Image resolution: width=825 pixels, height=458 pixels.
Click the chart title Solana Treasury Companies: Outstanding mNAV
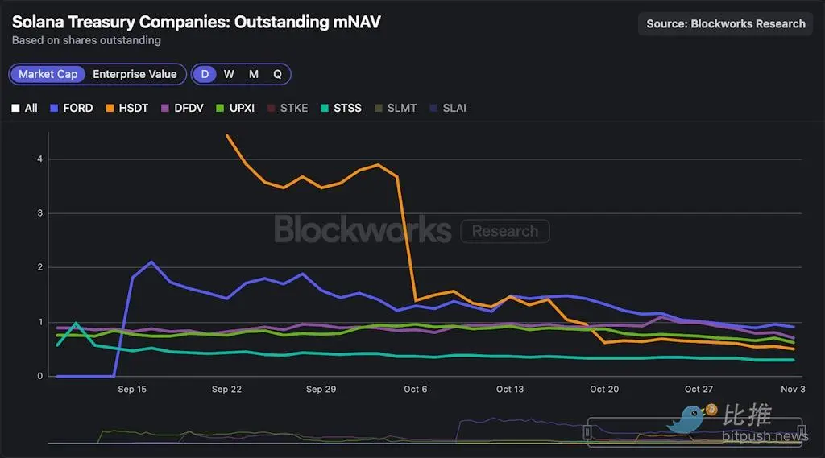(x=196, y=22)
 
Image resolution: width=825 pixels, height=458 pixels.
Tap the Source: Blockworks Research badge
(x=725, y=23)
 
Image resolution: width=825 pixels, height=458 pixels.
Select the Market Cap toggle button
(x=48, y=74)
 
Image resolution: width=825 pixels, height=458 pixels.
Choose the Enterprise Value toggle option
(x=135, y=74)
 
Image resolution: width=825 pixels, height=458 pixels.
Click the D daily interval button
(x=205, y=74)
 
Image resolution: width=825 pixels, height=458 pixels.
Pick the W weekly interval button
(x=229, y=74)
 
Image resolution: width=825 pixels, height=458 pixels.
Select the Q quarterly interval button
(x=277, y=74)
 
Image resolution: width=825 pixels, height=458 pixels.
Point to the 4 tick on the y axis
(x=39, y=159)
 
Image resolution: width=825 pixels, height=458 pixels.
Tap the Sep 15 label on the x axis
(x=132, y=390)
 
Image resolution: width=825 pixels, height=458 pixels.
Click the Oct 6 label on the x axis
(x=416, y=390)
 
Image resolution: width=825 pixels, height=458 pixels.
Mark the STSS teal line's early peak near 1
(x=76, y=323)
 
